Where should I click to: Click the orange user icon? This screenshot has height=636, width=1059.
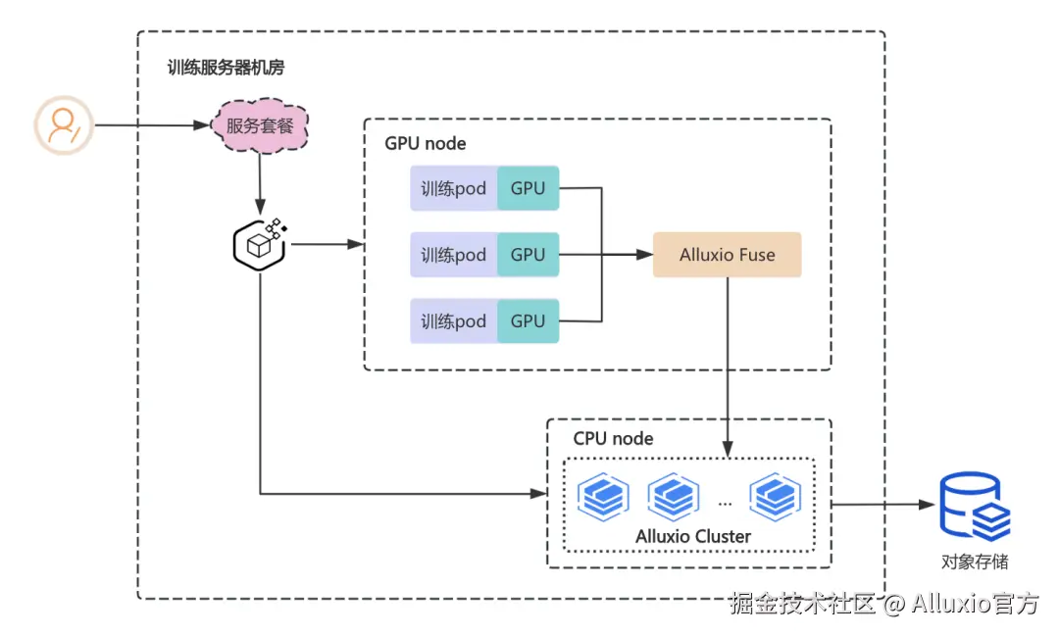pyautogui.click(x=64, y=125)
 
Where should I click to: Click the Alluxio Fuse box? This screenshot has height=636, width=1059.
pyautogui.click(x=727, y=255)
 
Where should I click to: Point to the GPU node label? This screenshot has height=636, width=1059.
pyautogui.click(x=425, y=144)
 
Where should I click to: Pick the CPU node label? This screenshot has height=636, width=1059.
pyautogui.click(x=613, y=439)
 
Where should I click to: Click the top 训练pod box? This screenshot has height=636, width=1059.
pyautogui.click(x=453, y=188)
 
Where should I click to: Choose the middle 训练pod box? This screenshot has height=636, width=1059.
pyautogui.click(x=453, y=255)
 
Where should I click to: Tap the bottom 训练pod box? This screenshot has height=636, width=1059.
pyautogui.click(x=453, y=321)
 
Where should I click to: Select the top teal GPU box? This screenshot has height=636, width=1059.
pyautogui.click(x=528, y=188)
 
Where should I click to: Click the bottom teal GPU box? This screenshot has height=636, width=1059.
pyautogui.click(x=528, y=321)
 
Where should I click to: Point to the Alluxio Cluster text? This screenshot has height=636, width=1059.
pyautogui.click(x=693, y=536)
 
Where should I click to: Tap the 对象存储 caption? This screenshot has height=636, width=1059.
pyautogui.click(x=974, y=563)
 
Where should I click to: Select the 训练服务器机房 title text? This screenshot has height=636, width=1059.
pyautogui.click(x=227, y=69)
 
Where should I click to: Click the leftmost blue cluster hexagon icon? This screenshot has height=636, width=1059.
pyautogui.click(x=602, y=496)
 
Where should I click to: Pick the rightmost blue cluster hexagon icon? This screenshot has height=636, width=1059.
pyautogui.click(x=776, y=496)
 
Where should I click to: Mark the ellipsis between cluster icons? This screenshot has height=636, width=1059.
pyautogui.click(x=725, y=502)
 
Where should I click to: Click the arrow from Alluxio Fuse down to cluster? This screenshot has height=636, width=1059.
pyautogui.click(x=728, y=363)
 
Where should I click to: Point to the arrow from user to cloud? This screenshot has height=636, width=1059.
pyautogui.click(x=152, y=125)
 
